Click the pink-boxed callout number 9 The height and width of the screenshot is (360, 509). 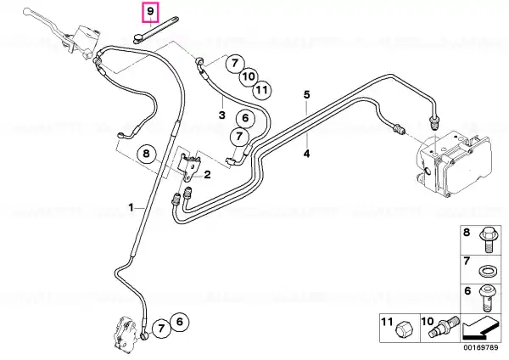click(150, 11)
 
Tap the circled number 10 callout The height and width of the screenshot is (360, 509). click(249, 76)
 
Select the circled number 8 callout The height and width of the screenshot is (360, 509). click(147, 153)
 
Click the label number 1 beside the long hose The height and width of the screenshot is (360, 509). click(131, 207)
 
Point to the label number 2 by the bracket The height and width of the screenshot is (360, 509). click(207, 174)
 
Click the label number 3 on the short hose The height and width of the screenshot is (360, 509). click(222, 115)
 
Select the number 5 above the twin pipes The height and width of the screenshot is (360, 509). click(307, 94)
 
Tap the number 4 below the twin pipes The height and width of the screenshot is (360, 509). click(307, 154)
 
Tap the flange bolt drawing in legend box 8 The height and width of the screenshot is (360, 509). click(487, 239)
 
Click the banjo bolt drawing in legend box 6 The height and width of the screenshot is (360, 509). click(486, 298)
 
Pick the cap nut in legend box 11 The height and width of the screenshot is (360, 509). click(402, 332)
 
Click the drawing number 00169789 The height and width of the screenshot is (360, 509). click(481, 347)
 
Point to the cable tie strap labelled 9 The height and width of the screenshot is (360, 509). click(155, 29)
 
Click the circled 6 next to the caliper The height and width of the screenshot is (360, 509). click(180, 322)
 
